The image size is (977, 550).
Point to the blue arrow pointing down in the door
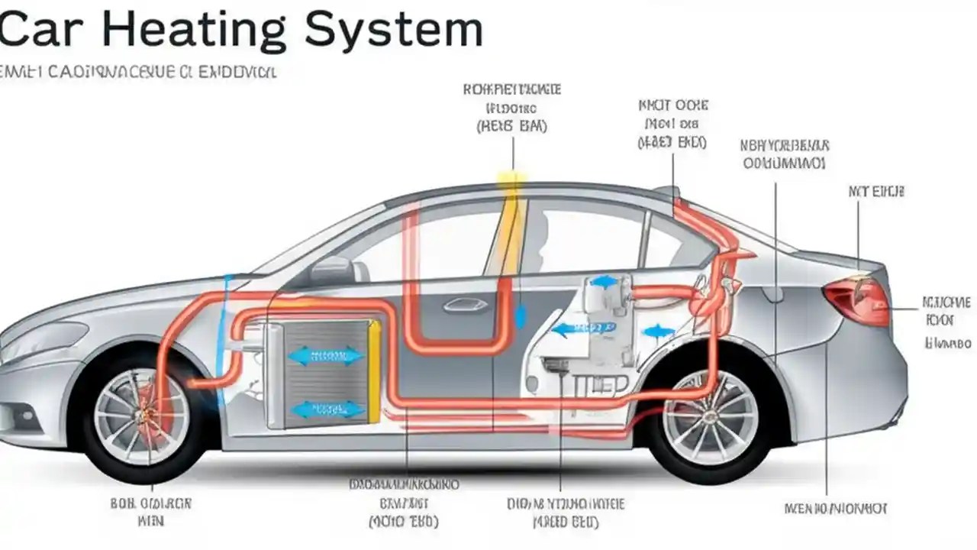click(521, 315)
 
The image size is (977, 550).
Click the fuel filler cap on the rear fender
click(771, 293)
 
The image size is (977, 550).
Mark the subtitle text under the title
click(138, 73)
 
